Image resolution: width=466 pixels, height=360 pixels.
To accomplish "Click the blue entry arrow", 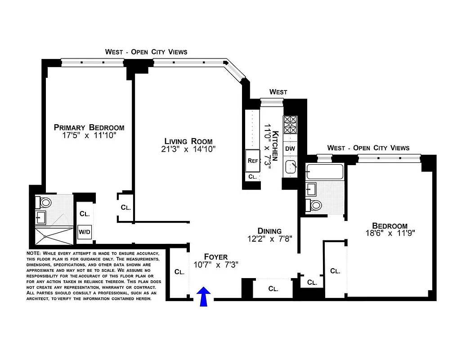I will click(x=204, y=297).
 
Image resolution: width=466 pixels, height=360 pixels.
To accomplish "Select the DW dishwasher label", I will click(x=290, y=148).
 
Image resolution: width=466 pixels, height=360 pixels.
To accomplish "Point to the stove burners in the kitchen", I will click(x=290, y=124).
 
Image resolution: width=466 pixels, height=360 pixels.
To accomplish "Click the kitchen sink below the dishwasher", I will click(x=291, y=167).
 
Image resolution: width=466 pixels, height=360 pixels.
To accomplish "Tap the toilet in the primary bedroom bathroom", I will click(x=45, y=202).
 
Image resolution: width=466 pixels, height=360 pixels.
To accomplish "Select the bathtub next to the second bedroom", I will click(x=324, y=171).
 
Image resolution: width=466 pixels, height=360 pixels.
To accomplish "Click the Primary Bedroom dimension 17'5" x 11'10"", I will click(x=89, y=135).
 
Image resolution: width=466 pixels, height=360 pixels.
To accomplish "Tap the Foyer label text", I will click(x=216, y=257).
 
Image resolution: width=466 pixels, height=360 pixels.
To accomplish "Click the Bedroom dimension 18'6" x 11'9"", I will click(x=390, y=233).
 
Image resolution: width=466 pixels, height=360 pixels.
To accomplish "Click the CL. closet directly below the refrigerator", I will click(x=252, y=177).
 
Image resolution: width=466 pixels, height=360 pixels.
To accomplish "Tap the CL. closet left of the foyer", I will click(x=179, y=272).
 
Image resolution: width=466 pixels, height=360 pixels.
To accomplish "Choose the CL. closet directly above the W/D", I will click(x=84, y=214).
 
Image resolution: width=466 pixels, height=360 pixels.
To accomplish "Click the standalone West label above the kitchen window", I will click(x=278, y=92).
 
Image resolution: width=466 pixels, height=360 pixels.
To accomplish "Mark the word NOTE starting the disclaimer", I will click(x=34, y=253).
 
